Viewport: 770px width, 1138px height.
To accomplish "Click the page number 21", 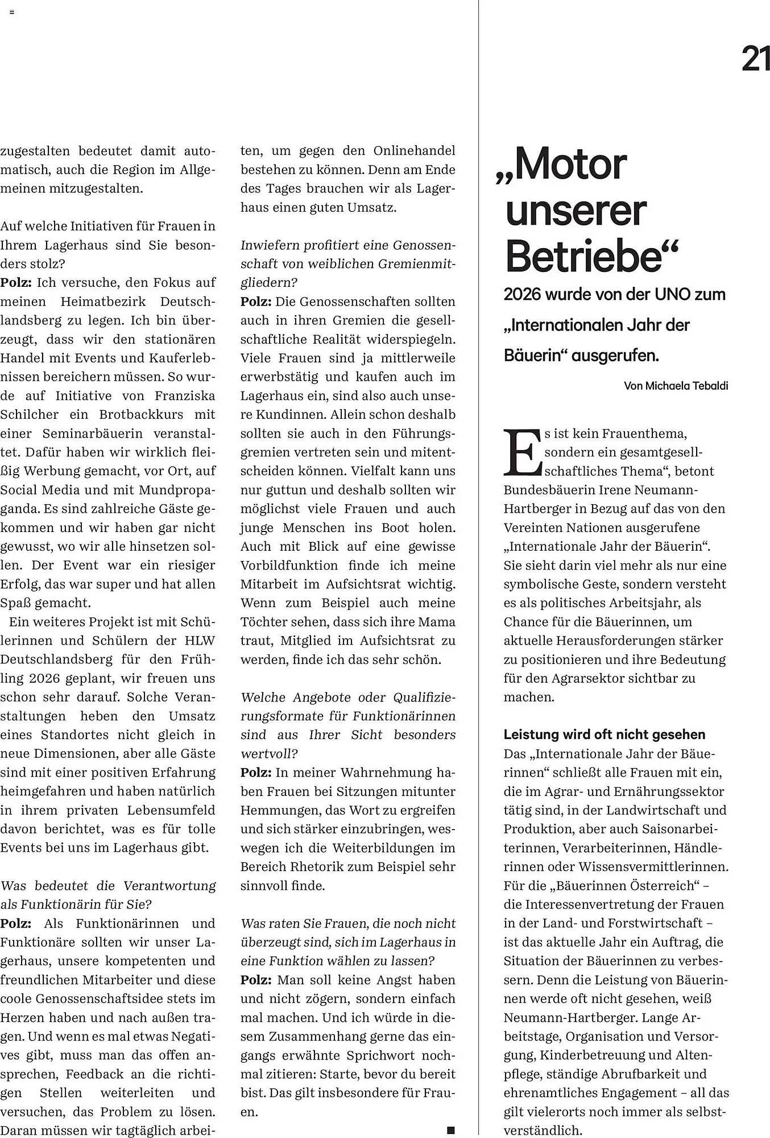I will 755,58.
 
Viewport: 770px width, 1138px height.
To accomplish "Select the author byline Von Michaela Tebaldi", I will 676,386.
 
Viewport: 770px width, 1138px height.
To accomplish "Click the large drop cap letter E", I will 522,453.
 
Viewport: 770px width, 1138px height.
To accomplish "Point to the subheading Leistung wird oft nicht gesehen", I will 605,734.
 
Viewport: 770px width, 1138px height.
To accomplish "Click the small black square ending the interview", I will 450,1129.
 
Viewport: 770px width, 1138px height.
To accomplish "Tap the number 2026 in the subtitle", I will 521,295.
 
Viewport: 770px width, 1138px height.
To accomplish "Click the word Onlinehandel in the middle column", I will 414,151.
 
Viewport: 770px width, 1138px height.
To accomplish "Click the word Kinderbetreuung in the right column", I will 588,1055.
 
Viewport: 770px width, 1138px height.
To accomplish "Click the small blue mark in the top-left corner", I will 11,11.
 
